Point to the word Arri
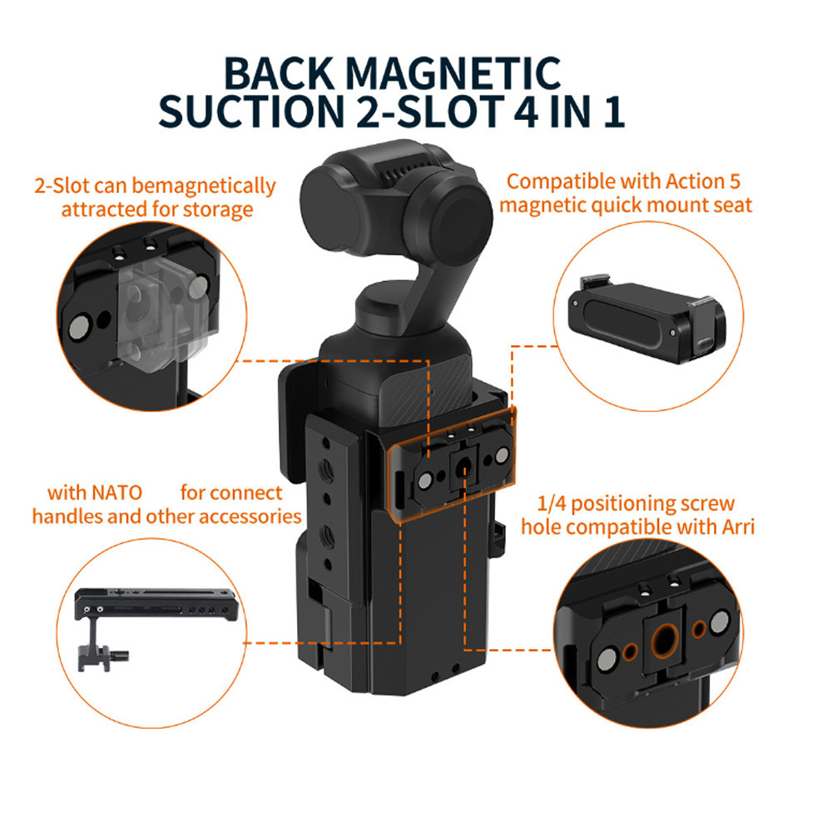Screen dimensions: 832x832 pyautogui.click(x=737, y=527)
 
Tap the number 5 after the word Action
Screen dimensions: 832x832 pyautogui.click(x=735, y=181)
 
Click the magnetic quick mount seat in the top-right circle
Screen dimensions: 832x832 pyautogui.click(x=646, y=319)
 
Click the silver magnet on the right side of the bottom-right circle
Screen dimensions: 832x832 pyautogui.click(x=720, y=621)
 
